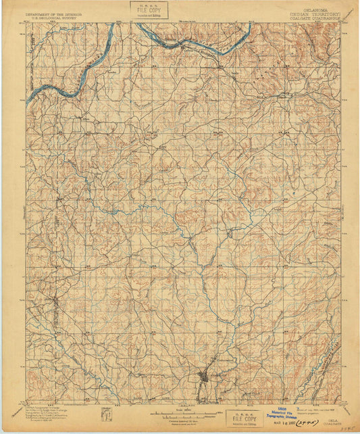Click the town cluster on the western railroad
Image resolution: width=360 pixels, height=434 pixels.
(54, 300)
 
